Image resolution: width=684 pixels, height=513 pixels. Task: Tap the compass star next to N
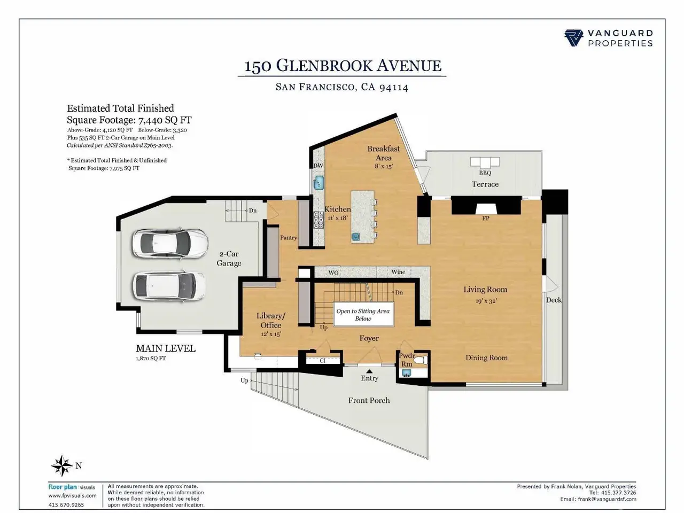[x=61, y=465]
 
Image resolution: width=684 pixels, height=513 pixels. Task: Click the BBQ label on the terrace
[x=485, y=173]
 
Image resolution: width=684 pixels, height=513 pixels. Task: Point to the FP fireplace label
[x=486, y=218]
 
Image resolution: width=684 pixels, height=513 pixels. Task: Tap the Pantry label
[x=289, y=238]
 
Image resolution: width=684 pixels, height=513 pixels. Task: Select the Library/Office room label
[x=271, y=320]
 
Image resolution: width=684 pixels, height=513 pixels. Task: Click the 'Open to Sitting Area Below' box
[x=363, y=315]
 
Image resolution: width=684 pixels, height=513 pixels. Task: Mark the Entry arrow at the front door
[x=369, y=370]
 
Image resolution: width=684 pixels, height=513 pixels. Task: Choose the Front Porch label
[x=369, y=400]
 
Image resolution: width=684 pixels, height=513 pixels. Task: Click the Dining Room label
[x=486, y=357]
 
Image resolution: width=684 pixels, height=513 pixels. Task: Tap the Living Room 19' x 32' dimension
[x=486, y=301]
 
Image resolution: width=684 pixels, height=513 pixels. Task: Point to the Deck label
[x=554, y=300]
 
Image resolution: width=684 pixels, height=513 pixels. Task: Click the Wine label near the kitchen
[x=398, y=272]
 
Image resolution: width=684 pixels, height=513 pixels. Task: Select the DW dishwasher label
[x=318, y=166]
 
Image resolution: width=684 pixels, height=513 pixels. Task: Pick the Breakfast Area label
[x=383, y=153]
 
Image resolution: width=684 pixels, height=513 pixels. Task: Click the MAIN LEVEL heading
[x=166, y=348]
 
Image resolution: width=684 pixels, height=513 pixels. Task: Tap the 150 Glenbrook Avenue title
[x=343, y=66]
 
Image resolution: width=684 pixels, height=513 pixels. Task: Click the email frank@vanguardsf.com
[x=607, y=499]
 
